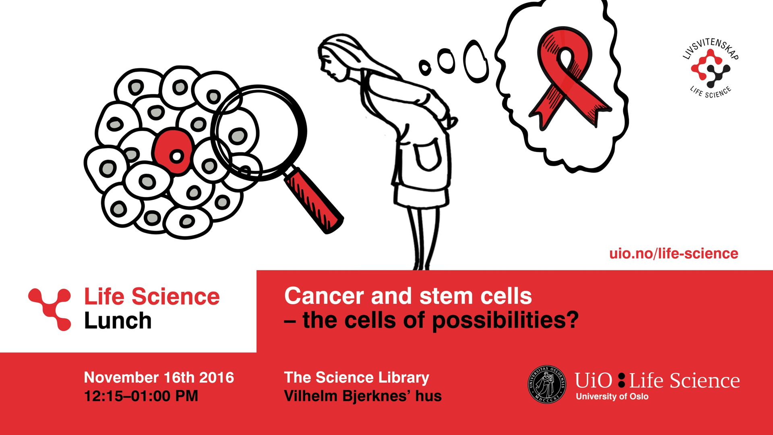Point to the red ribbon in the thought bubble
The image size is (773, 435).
coord(568,77)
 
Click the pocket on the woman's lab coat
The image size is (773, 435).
coord(427,155)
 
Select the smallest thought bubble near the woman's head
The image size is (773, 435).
coord(425,67)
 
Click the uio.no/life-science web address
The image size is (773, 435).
coord(674,254)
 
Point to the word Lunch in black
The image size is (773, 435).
coord(118,321)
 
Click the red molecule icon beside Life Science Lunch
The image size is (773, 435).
coord(50,309)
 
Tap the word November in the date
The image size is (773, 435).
coord(121,378)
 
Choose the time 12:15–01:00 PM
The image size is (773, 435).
coord(141,396)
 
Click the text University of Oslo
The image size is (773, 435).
coord(612,397)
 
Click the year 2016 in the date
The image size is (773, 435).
coord(217,378)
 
